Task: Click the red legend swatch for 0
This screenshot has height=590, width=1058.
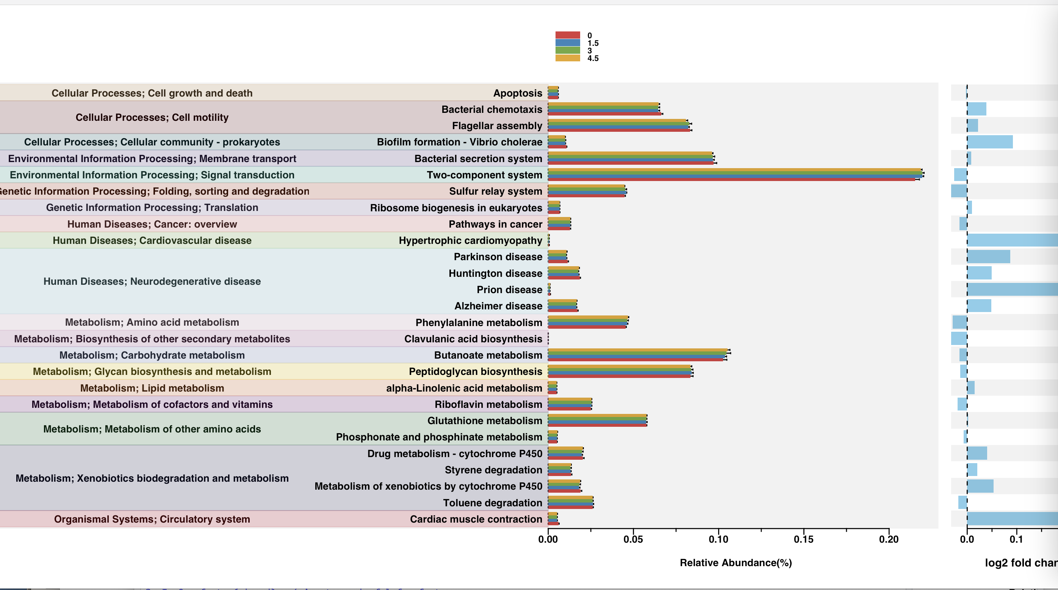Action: (568, 35)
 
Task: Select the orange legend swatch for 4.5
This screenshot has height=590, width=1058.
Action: (568, 58)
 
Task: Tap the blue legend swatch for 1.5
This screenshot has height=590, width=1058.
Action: (568, 43)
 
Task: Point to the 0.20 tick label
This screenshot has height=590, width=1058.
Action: (889, 539)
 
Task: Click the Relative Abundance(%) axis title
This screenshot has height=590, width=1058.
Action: (736, 562)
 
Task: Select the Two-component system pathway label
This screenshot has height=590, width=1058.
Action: (484, 175)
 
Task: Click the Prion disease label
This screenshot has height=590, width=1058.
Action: (509, 289)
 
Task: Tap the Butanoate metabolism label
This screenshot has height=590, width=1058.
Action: (488, 355)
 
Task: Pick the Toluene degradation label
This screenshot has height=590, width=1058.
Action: (493, 503)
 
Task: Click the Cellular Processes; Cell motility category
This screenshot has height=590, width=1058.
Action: (152, 117)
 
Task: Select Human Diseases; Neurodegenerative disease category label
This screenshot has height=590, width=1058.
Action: (152, 281)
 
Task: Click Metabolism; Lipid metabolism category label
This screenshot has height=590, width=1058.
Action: (152, 388)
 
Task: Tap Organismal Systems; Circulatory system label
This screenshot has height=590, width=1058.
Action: (152, 519)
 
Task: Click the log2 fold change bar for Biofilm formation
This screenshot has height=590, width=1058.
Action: (990, 142)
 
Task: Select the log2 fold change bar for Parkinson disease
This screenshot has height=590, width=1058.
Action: (988, 257)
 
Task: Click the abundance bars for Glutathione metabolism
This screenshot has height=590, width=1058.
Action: (598, 420)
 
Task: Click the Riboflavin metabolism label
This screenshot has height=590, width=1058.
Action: (488, 404)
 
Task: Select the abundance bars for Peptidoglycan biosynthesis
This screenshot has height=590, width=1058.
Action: (620, 371)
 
